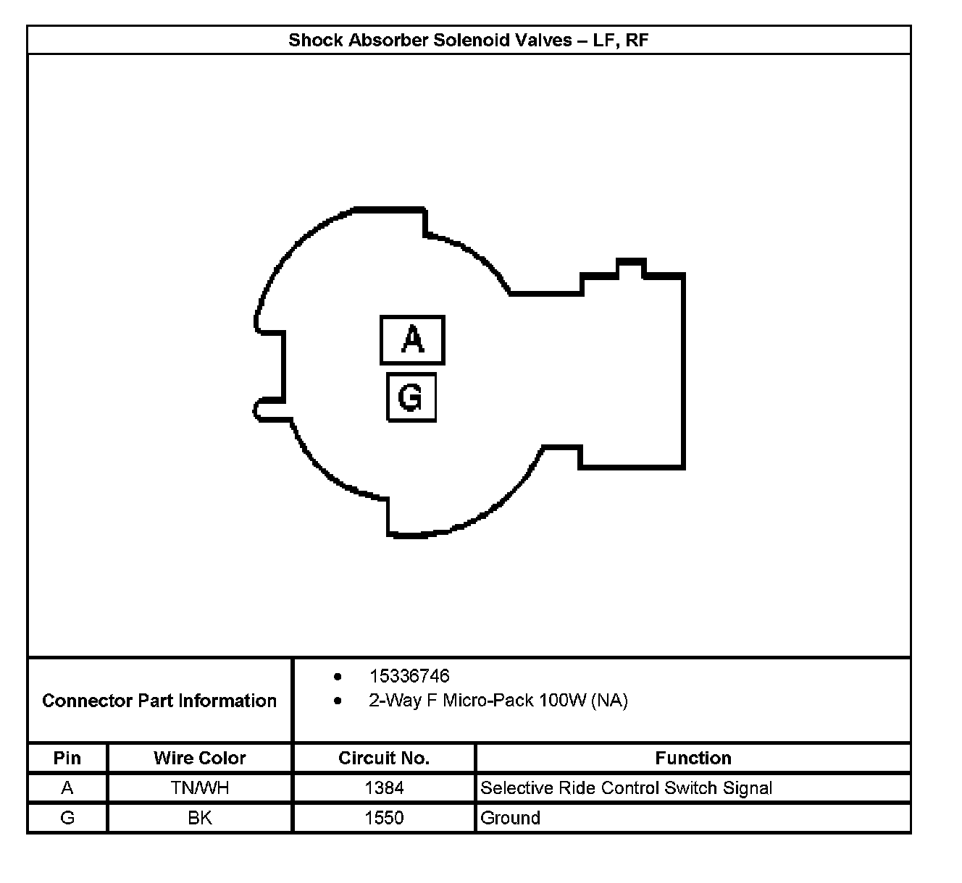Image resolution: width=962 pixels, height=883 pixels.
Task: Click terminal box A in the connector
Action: point(412,339)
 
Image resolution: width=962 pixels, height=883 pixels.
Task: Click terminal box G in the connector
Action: point(411,397)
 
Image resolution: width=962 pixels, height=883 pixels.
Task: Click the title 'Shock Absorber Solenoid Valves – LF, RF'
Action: point(468,40)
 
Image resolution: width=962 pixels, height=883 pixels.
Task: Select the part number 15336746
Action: point(409,676)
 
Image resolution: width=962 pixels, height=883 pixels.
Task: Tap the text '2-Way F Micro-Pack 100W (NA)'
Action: point(498,701)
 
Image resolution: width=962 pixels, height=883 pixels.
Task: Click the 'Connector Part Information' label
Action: point(159,701)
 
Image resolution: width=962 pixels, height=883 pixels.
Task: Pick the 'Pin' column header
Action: point(67,758)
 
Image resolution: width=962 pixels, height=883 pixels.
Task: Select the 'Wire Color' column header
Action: point(200,758)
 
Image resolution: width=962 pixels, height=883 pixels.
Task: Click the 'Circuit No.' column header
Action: point(384,758)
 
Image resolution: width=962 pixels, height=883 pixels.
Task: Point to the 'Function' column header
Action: point(693,758)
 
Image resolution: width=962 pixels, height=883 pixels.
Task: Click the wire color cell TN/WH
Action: point(200,787)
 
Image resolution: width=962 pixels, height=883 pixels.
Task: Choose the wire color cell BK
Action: point(200,818)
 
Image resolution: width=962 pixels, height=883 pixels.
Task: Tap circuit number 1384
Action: point(384,787)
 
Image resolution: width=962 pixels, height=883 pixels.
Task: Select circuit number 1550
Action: point(384,818)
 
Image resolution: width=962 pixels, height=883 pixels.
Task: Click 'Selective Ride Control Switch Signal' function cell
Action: point(627,787)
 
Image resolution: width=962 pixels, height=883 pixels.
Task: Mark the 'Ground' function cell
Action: point(511,818)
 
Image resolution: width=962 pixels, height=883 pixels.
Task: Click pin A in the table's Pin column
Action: point(67,787)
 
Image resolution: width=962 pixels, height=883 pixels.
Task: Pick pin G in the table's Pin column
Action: point(67,818)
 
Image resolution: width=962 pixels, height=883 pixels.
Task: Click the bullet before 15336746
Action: point(338,677)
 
